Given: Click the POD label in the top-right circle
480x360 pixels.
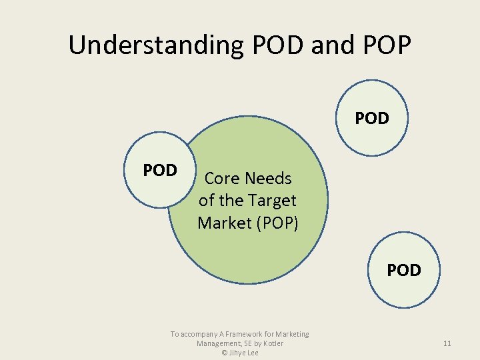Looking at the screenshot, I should (372, 119).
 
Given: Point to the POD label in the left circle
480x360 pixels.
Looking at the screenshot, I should (160, 171).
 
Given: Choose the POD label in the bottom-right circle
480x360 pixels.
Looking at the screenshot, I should (404, 270).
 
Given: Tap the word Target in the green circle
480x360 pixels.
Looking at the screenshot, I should (272, 200).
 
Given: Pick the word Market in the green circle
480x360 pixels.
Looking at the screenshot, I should (225, 223).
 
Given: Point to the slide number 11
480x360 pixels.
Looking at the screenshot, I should (447, 343).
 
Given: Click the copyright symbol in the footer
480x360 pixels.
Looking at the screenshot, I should (225, 353).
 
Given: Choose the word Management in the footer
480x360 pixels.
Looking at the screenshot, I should (219, 343).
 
